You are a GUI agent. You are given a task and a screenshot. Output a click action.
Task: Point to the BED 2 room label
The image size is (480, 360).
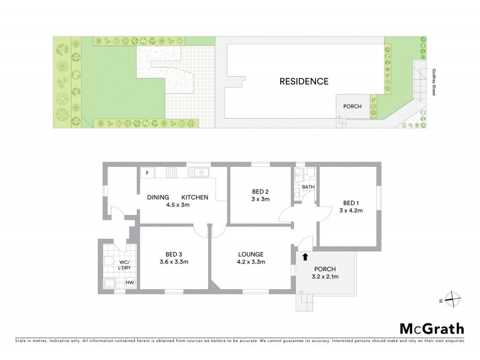tap(260, 193)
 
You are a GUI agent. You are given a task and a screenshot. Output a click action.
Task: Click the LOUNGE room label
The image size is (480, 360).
tap(251, 254)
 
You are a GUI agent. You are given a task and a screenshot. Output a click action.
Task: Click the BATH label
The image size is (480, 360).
tap(308, 187)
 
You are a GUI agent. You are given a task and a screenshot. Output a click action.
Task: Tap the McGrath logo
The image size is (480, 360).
tap(432, 328)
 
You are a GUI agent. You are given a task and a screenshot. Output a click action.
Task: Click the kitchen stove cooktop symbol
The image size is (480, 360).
tap(170, 173)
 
